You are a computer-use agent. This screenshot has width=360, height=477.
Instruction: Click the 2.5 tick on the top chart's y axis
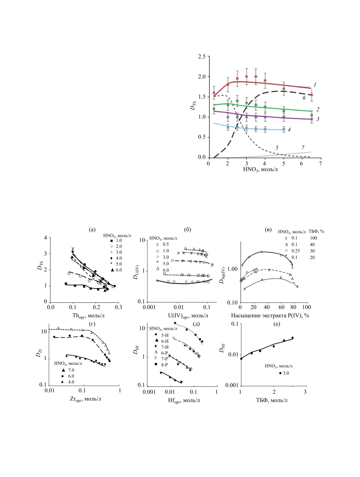pyautogui.click(x=202, y=56)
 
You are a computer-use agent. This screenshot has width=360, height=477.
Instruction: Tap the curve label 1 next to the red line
pyautogui.click(x=315, y=85)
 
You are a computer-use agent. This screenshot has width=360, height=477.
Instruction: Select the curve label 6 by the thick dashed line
pyautogui.click(x=304, y=98)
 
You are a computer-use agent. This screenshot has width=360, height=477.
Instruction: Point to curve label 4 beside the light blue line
pyautogui.click(x=289, y=130)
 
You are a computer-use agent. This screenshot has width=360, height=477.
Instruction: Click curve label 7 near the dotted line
pyautogui.click(x=303, y=148)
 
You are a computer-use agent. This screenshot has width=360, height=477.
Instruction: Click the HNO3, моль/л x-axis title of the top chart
pyautogui.click(x=260, y=169)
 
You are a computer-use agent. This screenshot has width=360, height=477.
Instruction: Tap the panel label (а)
pyautogui.click(x=92, y=230)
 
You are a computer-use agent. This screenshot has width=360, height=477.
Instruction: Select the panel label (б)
pyautogui.click(x=187, y=230)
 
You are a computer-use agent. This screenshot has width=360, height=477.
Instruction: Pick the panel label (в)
pyautogui.click(x=268, y=230)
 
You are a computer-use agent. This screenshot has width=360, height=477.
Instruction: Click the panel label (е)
pyautogui.click(x=277, y=324)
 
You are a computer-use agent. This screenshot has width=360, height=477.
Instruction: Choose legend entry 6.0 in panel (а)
pyautogui.click(x=118, y=270)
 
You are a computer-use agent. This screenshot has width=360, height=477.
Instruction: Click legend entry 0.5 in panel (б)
pyautogui.click(x=166, y=244)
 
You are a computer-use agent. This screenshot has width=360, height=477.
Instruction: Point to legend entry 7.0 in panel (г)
pyautogui.click(x=71, y=370)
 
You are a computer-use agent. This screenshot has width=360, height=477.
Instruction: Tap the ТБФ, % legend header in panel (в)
pyautogui.click(x=316, y=232)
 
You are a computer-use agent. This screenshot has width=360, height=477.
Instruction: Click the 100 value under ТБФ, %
pyautogui.click(x=313, y=238)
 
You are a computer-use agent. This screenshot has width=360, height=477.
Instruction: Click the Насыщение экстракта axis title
pyautogui.click(x=270, y=315)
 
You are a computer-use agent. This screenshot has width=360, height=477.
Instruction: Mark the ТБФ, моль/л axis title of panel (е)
pyautogui.click(x=272, y=400)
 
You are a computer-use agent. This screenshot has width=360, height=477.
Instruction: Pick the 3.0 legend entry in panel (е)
pyautogui.click(x=286, y=373)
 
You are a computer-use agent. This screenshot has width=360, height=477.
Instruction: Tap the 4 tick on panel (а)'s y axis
pyautogui.click(x=45, y=238)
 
